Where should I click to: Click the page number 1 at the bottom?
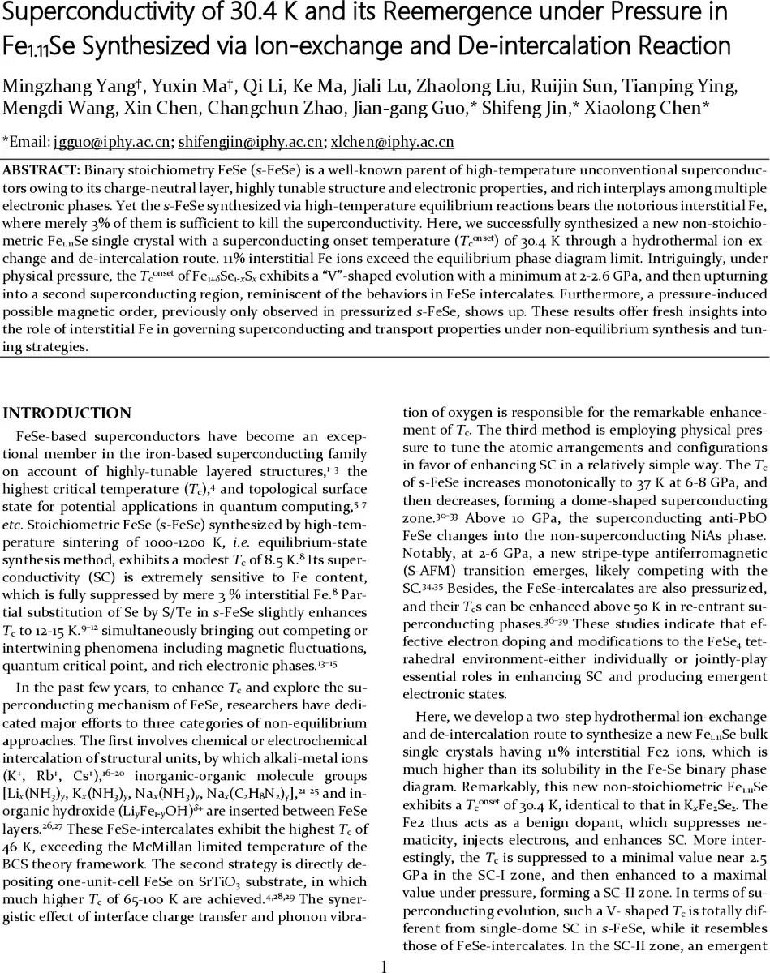click(x=385, y=965)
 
